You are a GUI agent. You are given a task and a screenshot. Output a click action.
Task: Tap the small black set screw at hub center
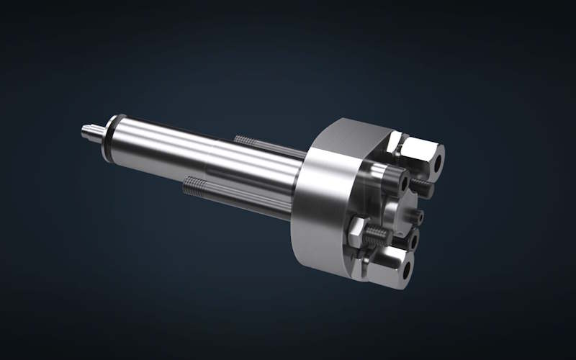[x=418, y=215]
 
